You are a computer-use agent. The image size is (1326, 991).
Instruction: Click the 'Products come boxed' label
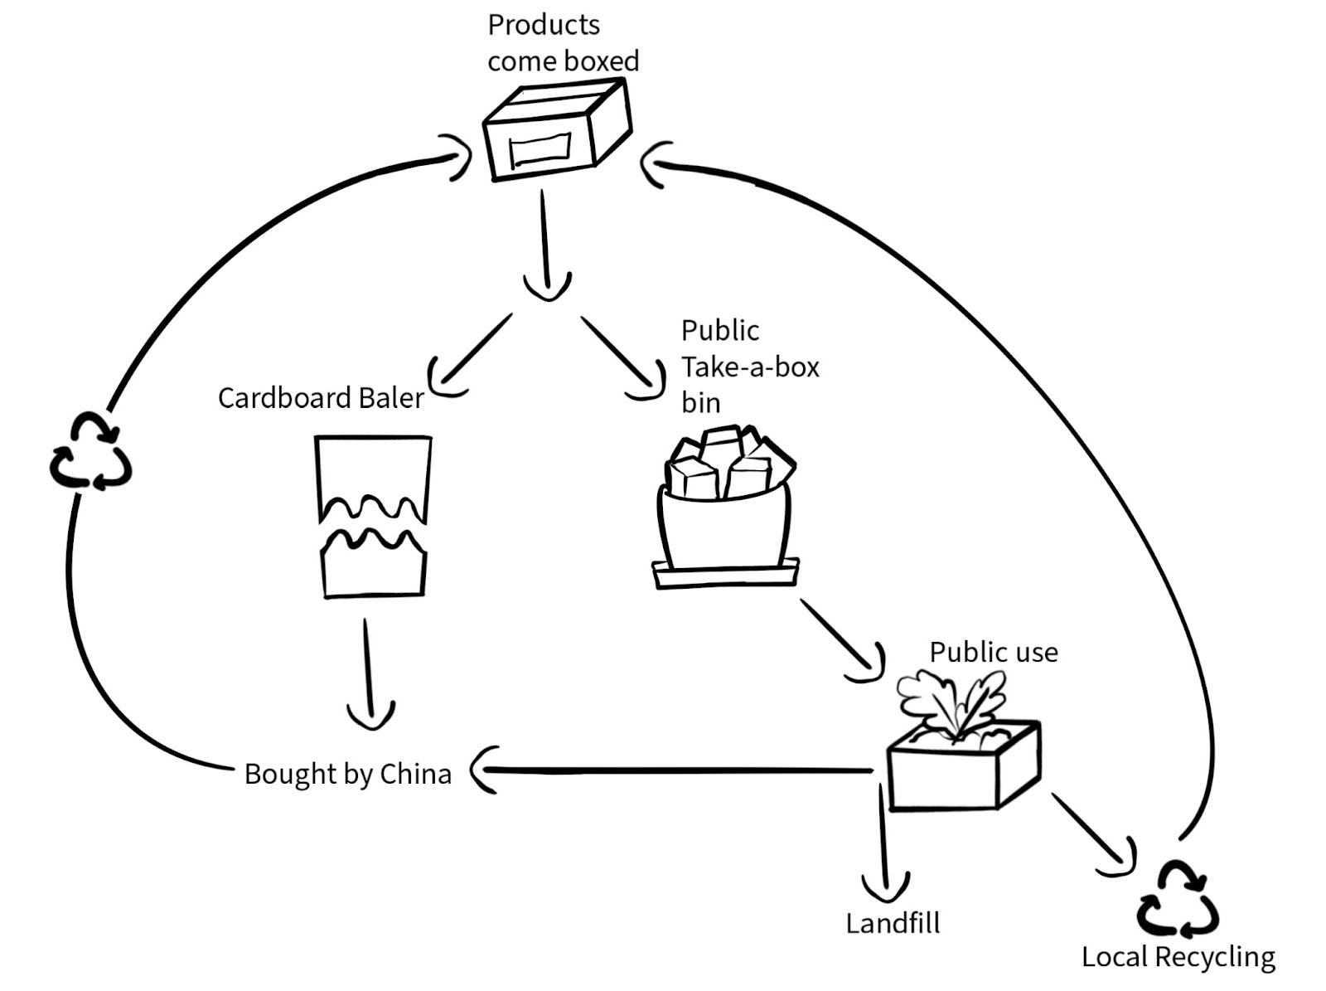point(563,43)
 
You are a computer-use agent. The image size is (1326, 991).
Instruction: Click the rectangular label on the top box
point(540,150)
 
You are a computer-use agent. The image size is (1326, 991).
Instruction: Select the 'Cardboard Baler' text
point(321,398)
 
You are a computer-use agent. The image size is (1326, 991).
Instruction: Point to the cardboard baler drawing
point(373,516)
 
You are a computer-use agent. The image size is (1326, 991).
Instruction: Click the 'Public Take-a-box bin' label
point(749,367)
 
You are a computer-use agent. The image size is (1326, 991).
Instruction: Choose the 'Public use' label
point(993,653)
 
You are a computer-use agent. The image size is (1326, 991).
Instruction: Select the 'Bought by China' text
point(347,774)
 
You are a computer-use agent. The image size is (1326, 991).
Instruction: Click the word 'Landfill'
point(893,923)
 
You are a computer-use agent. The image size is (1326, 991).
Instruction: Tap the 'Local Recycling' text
point(1178,957)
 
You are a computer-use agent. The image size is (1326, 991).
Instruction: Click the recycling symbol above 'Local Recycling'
point(1177,900)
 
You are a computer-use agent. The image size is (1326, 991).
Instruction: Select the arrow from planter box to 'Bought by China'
point(671,771)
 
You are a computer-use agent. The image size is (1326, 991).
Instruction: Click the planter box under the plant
point(961,767)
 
